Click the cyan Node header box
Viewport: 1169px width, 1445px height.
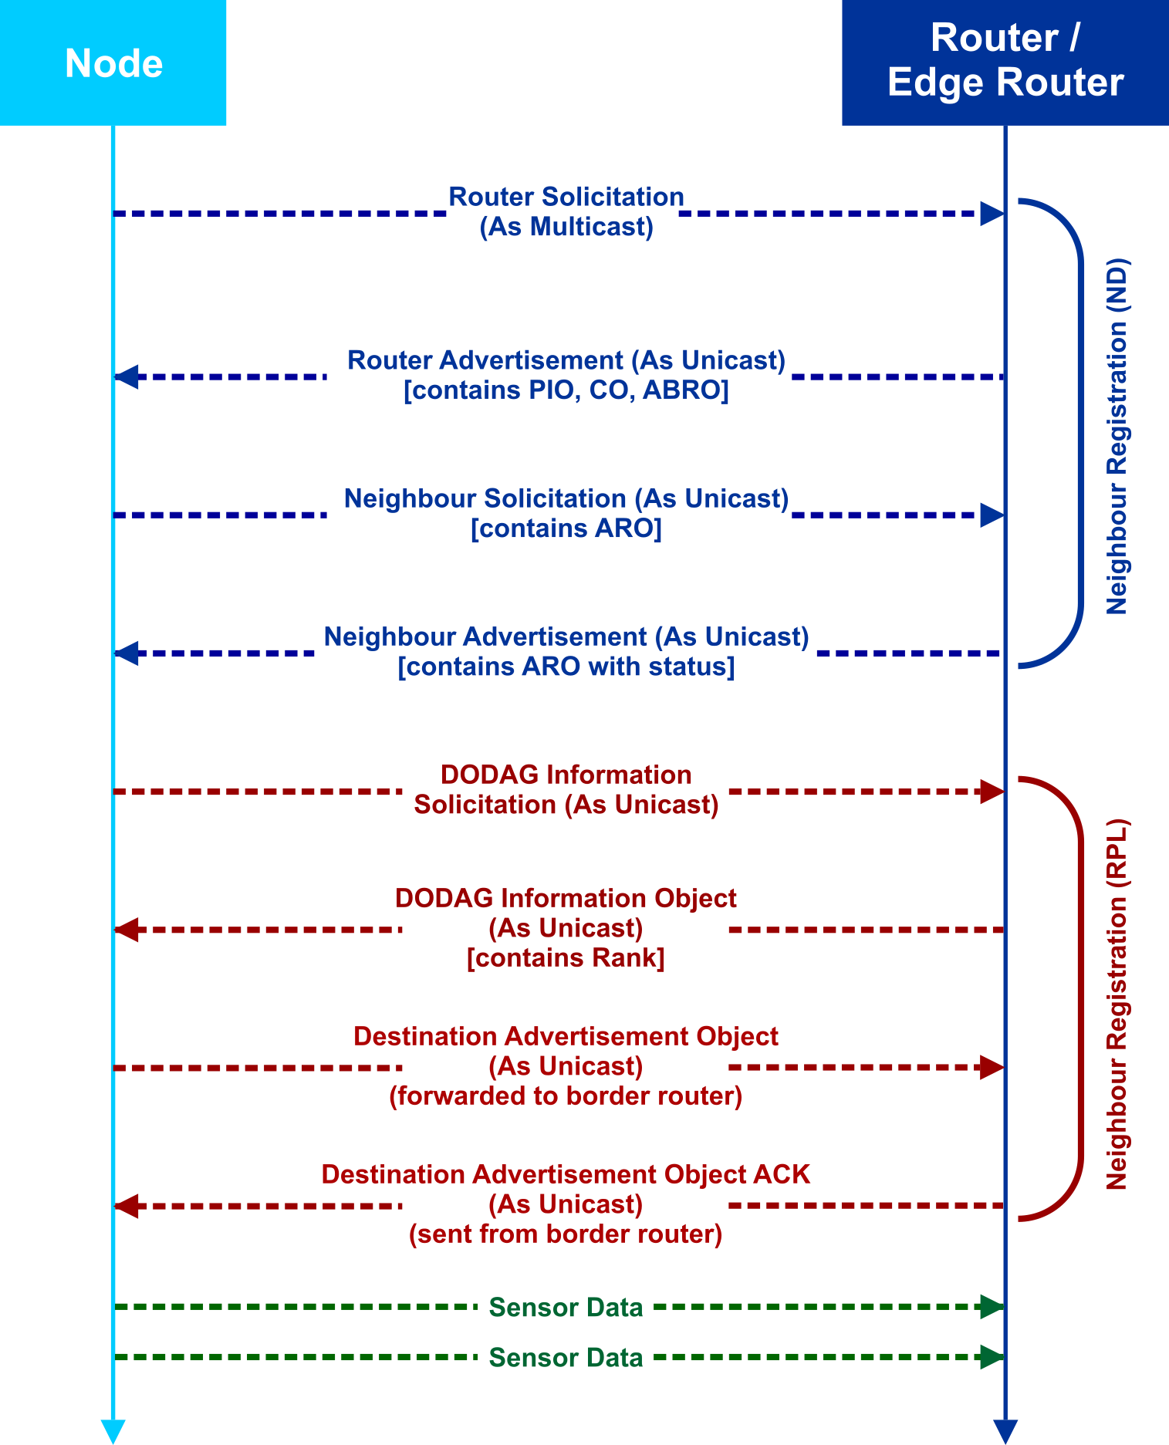pyautogui.click(x=113, y=62)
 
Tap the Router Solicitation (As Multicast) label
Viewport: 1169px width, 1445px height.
pyautogui.click(x=566, y=211)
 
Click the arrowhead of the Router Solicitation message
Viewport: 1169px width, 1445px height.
pyautogui.click(x=992, y=214)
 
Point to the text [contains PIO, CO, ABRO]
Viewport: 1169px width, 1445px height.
pyautogui.click(x=566, y=390)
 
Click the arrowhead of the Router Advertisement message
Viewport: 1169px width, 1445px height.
pyautogui.click(x=127, y=377)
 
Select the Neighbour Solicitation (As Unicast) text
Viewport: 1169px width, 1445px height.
pyautogui.click(x=566, y=498)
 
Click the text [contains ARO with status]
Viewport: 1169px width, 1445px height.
pyautogui.click(x=566, y=667)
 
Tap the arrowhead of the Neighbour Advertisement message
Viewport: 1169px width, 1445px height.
pyautogui.click(x=127, y=653)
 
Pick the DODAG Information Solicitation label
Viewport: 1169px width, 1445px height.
pyautogui.click(x=566, y=789)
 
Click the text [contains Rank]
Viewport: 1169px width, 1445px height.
pyautogui.click(x=566, y=958)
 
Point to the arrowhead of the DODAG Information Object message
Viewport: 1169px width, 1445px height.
pyautogui.click(x=127, y=930)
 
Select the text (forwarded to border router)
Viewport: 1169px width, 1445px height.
pyautogui.click(x=566, y=1096)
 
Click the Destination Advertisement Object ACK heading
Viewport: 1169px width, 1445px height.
pyautogui.click(x=566, y=1174)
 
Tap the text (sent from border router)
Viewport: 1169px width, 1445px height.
pyautogui.click(x=566, y=1234)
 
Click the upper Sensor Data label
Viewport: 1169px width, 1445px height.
pyautogui.click(x=566, y=1308)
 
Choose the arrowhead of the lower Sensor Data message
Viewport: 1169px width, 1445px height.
pyautogui.click(x=992, y=1357)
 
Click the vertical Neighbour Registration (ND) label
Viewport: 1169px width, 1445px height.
pyautogui.click(x=1117, y=436)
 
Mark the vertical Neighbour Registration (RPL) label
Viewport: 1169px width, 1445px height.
pyautogui.click(x=1117, y=1004)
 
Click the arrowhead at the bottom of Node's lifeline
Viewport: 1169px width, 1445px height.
pyautogui.click(x=113, y=1430)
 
